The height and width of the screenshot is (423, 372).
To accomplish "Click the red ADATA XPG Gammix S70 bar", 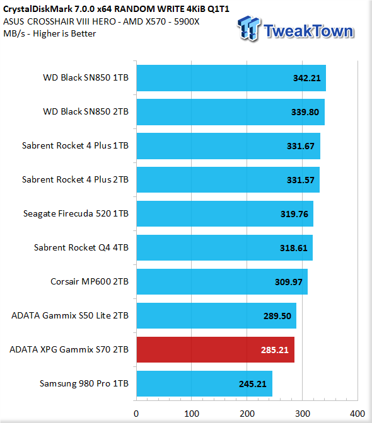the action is point(215,349).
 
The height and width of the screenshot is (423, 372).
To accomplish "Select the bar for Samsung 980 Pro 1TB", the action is point(204,383).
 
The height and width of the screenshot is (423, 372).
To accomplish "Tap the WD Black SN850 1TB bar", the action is point(231,78).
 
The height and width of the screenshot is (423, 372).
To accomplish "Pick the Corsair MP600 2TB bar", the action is point(222,281).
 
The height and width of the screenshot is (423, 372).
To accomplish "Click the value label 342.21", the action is point(307,78).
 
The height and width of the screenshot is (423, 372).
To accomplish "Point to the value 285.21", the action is point(275,350).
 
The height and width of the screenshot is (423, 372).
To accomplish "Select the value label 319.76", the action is point(294,214).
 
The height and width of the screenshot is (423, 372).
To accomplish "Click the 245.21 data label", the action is point(253,384).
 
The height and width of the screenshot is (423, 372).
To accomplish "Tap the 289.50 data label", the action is point(277,316).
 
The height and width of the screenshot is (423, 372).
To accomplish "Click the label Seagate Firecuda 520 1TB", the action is point(76,213).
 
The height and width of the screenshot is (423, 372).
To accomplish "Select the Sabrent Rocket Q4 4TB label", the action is point(81,247).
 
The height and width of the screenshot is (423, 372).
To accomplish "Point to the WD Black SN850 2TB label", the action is point(86,111).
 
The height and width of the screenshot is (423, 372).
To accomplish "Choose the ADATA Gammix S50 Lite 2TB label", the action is point(70,315).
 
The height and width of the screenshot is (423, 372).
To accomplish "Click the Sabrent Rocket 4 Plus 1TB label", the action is point(76,145).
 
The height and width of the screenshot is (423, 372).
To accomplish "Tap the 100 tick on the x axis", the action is point(192,414).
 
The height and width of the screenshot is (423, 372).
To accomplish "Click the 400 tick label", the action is point(357,414).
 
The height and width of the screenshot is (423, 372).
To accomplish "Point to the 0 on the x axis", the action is point(136,414).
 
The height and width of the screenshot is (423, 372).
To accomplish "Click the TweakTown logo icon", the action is point(249,28).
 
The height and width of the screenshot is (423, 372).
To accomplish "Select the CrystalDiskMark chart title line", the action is point(116,9).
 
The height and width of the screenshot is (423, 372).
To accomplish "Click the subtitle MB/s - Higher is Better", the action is point(50,34).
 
